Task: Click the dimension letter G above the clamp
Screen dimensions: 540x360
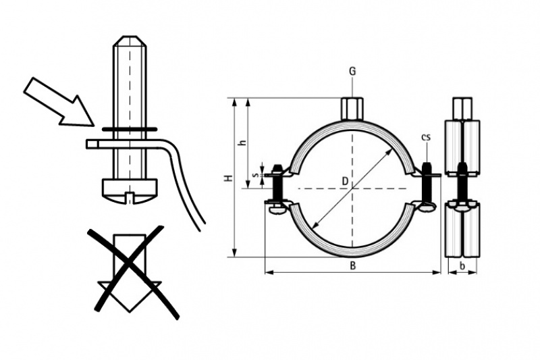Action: [352, 72]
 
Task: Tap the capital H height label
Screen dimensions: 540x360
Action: [228, 178]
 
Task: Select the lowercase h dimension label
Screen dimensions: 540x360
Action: [243, 143]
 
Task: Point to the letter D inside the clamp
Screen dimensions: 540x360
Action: [345, 181]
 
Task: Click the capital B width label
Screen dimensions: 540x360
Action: [352, 266]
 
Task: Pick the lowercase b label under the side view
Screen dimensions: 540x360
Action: [462, 266]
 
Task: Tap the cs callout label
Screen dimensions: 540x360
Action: [426, 137]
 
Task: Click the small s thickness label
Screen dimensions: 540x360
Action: [255, 175]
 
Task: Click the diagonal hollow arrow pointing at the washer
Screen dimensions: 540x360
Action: [59, 101]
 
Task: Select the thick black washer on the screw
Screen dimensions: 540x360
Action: [130, 130]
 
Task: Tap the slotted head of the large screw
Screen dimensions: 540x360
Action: [130, 191]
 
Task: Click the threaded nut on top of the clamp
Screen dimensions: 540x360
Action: [352, 109]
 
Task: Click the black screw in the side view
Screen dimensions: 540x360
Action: [462, 184]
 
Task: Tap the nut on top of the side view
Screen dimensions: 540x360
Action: [462, 109]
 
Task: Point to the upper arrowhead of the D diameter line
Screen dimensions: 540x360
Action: [391, 151]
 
